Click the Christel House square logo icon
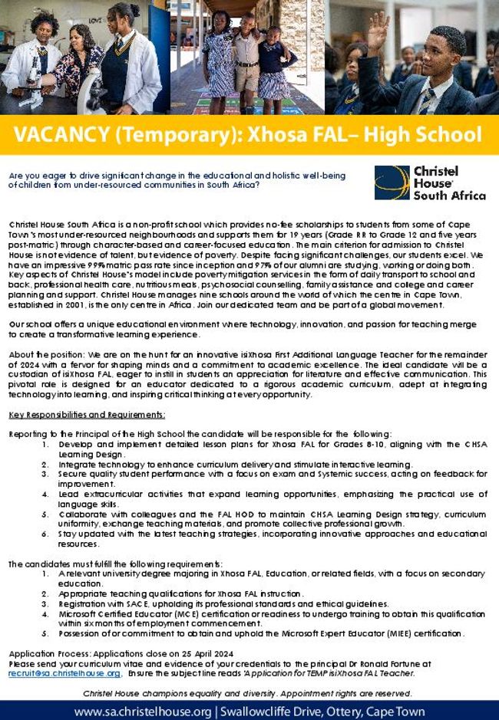pos(392,182)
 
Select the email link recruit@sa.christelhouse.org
pos(64,673)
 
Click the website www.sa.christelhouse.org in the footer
pos(144,712)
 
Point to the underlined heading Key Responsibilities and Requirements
pos(87,415)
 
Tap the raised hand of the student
pos(376,27)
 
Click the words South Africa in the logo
pos(449,196)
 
